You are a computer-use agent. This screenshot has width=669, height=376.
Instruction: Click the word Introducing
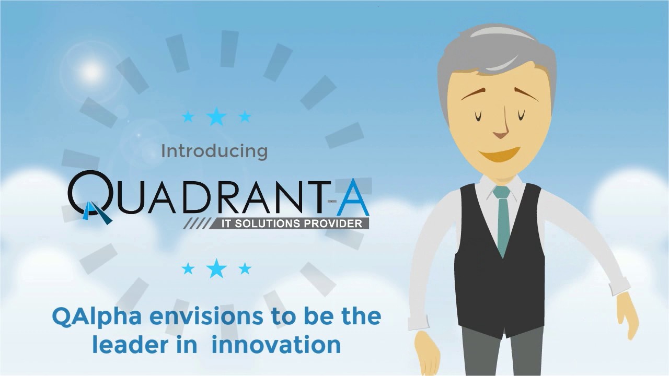214,151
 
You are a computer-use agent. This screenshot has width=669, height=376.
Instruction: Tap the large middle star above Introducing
216,116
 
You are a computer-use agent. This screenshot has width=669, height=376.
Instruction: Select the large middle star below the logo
216,268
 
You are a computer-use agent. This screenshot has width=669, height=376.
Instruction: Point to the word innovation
276,345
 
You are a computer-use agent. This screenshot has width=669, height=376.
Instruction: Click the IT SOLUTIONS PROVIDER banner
290,224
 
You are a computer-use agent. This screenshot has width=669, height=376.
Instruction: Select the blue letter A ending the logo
353,199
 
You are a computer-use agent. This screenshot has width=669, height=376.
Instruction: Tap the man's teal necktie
502,219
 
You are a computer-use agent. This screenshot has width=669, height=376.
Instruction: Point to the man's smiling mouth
499,155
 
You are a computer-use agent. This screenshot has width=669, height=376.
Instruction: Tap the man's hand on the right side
627,313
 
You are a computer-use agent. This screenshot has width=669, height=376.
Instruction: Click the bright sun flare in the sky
91,72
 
